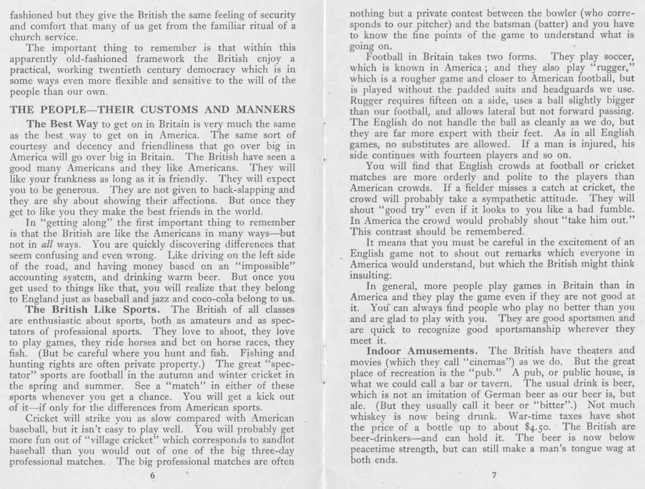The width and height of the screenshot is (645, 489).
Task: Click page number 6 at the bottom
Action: [x=152, y=476]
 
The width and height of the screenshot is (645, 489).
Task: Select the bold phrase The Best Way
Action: [x=62, y=124]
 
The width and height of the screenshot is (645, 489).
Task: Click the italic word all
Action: [x=47, y=244]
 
